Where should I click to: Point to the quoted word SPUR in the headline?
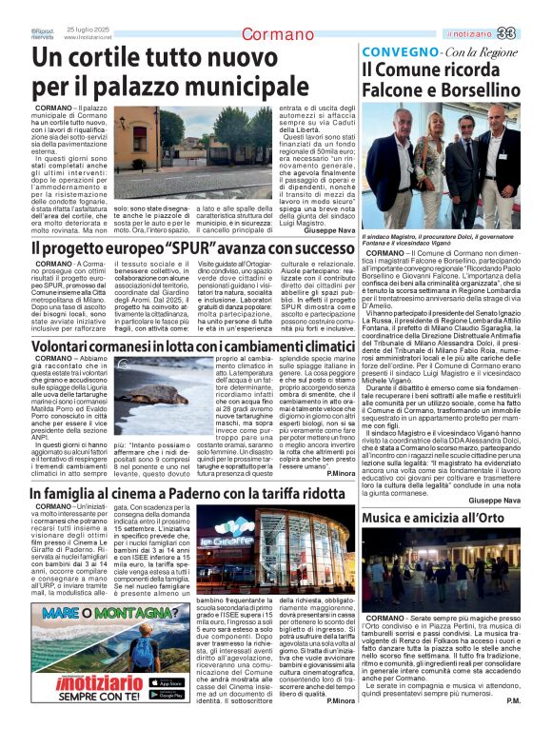pos(205,248)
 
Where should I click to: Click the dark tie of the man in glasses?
pos(469,152)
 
